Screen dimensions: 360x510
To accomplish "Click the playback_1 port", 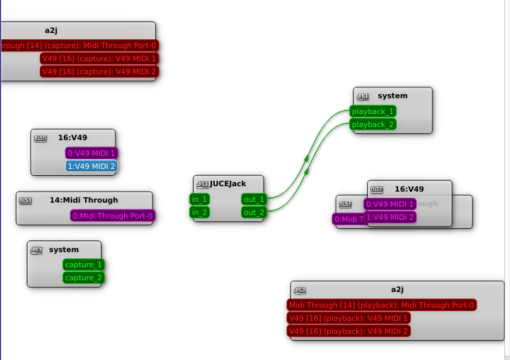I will [373, 111].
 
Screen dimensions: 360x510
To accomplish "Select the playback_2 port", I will [373, 124].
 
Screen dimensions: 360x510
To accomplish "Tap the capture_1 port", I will [84, 265].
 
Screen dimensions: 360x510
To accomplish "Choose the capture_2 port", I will [84, 278].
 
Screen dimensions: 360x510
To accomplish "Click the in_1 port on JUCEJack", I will [200, 199].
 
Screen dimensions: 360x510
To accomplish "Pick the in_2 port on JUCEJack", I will [200, 212].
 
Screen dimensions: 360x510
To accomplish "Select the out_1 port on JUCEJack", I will [253, 199].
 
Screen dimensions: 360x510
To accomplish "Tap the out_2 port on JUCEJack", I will [253, 212].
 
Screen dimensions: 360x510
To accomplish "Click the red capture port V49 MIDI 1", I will [99, 58].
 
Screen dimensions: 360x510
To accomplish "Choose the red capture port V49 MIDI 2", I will [99, 71].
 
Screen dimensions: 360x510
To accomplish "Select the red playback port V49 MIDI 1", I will [349, 318].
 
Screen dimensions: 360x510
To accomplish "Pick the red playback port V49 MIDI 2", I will [349, 331].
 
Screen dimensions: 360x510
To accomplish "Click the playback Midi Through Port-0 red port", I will [382, 305].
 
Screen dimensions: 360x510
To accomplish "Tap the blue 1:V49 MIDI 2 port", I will [91, 166].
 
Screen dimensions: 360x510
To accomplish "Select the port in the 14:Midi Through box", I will [113, 216].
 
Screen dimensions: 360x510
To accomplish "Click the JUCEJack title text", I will [228, 183].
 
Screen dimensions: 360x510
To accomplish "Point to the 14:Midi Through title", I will [84, 200].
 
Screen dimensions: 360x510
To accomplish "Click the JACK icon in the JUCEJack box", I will [202, 184].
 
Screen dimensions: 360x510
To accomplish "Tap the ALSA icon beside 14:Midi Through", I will [25, 201].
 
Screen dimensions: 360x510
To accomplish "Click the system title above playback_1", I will [393, 95].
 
